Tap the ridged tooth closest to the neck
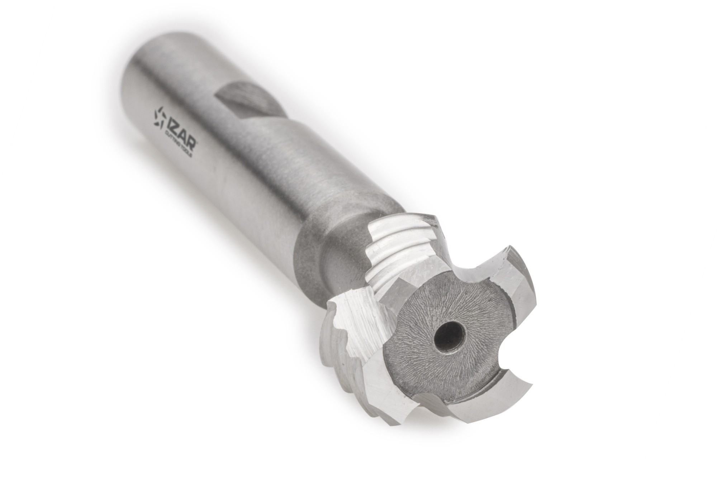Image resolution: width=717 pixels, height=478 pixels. coord(402,244)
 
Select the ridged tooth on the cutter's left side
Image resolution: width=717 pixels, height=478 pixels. coord(344,344)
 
